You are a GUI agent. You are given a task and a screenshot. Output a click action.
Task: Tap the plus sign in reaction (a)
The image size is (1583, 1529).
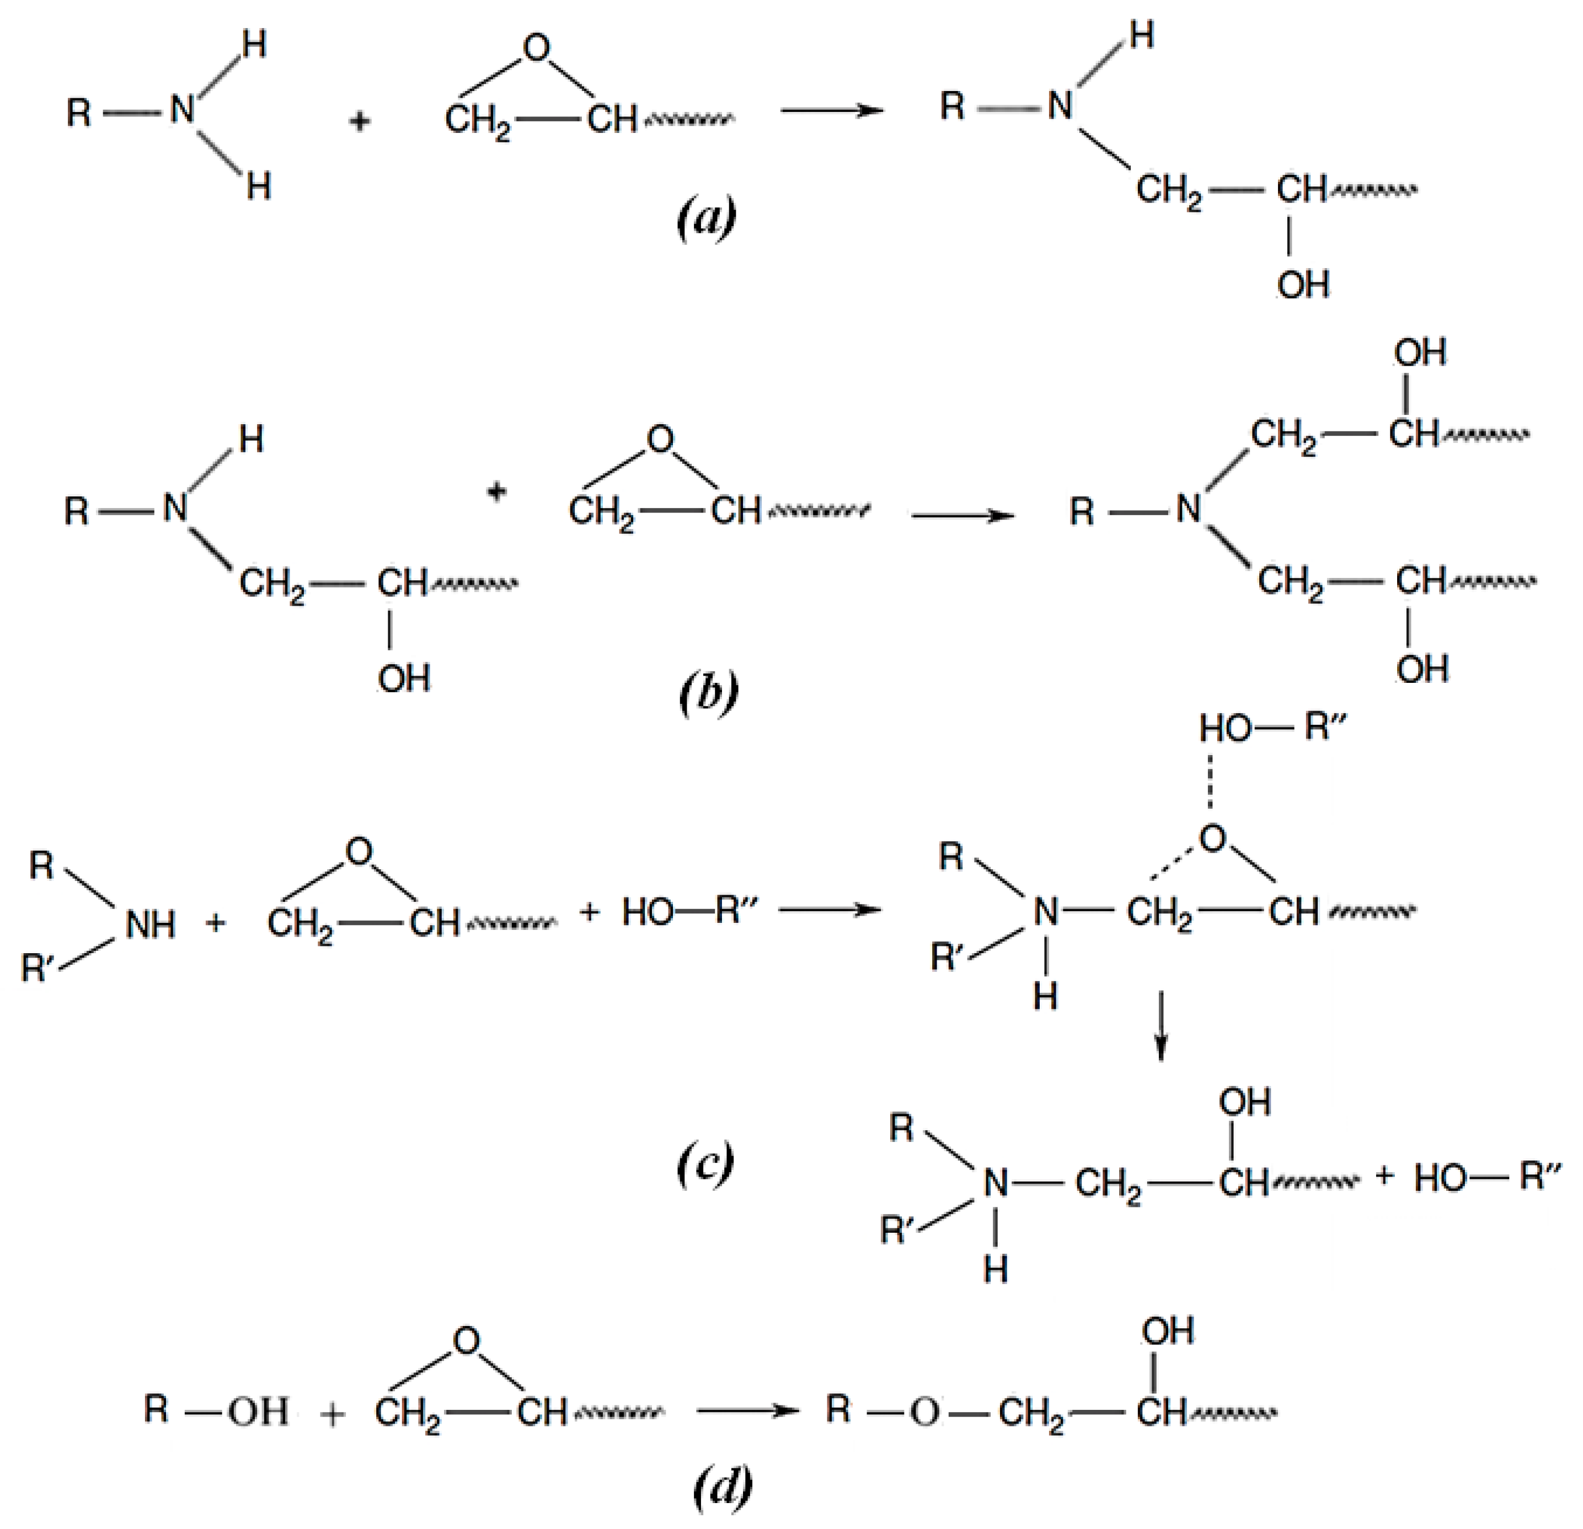pos(360,122)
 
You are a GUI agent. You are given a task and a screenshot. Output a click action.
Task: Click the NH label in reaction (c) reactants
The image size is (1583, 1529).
pos(151,924)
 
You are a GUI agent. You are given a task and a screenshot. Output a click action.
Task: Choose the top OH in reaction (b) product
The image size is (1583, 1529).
pos(1420,353)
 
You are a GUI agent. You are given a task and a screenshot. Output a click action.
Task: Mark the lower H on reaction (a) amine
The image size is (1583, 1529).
pos(259,188)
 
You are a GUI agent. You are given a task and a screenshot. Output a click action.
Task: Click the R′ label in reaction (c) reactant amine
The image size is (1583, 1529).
pos(37,967)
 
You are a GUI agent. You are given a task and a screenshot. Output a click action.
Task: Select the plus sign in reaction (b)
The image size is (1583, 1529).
pos(498,490)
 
